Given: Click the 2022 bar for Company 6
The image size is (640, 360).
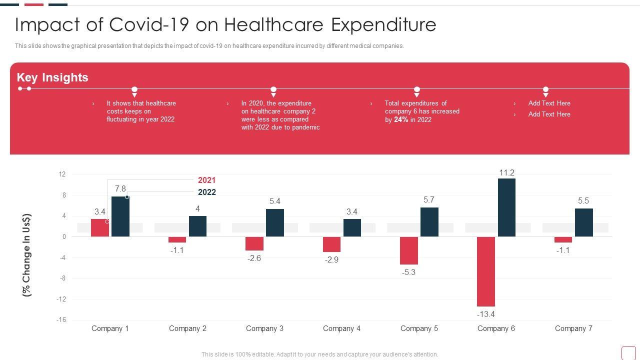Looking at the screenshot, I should (506, 207).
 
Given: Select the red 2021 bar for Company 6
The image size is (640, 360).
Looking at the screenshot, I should (486, 271).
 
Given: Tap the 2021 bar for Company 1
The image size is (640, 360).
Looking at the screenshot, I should (100, 227).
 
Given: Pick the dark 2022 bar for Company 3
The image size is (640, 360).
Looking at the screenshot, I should (275, 222).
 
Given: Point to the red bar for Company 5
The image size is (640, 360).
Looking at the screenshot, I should (409, 250).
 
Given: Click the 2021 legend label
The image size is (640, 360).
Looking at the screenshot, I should (206, 180).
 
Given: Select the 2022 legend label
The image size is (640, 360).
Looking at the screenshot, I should (207, 192).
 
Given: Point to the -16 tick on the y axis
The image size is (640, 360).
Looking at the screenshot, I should (61, 320).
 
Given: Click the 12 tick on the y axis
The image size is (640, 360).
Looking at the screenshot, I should (62, 174).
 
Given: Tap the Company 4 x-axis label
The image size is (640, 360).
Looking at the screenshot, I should (341, 328).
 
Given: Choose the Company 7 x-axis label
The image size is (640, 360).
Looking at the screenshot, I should (573, 328).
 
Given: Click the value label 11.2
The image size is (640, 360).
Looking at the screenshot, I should (506, 172).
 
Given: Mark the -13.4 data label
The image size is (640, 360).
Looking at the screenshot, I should (485, 314).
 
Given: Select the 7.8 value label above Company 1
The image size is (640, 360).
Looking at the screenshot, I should (120, 188).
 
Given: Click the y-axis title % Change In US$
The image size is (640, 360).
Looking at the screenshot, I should (27, 255).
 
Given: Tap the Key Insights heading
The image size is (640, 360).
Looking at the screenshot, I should (52, 77).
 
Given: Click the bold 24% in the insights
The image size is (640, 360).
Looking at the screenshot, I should (401, 119).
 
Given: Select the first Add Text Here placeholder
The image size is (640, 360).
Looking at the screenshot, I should (549, 103).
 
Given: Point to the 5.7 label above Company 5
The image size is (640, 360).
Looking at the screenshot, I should (429, 199).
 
